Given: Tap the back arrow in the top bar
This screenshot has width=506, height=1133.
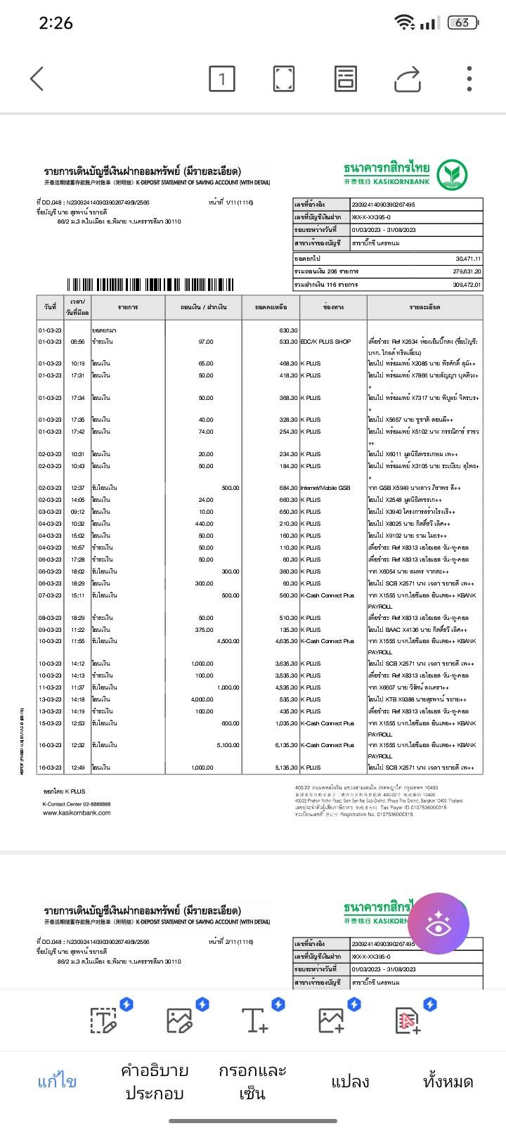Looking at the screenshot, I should click(37, 79).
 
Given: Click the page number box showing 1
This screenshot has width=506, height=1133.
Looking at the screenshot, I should click(222, 79).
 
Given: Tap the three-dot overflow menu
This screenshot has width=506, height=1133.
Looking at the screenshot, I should click(469, 79).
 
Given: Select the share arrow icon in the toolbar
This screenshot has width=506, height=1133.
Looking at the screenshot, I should click(408, 79).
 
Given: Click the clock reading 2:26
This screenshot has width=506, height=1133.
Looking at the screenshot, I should click(56, 23).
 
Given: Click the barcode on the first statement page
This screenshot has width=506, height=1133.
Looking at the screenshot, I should click(150, 285).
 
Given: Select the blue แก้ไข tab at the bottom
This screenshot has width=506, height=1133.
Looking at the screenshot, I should click(57, 1081).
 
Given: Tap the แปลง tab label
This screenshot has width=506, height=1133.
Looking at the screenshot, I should click(350, 1081).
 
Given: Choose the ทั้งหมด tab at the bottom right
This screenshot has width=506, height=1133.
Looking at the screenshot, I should click(448, 1081).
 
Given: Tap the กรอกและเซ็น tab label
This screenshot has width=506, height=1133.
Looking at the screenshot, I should click(252, 1081).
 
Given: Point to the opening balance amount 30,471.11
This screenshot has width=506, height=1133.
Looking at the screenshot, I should click(467, 259).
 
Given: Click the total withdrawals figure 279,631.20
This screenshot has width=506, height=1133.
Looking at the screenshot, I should click(466, 271).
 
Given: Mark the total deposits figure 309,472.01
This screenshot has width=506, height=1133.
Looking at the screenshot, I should click(466, 285).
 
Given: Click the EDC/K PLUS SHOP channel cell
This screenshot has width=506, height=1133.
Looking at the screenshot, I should click(325, 342).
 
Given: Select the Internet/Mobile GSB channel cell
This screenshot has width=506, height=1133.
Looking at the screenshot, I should click(325, 488).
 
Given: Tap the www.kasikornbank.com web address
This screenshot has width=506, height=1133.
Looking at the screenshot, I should click(77, 812).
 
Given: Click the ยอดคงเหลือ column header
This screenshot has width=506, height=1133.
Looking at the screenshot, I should click(271, 307).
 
